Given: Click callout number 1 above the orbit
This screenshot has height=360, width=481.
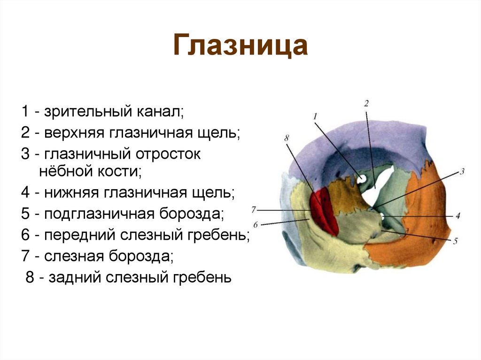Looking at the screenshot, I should [x=315, y=115].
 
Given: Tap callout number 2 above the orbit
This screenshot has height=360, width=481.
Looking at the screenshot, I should [x=366, y=103].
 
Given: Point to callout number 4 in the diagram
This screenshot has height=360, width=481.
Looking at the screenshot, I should [x=457, y=216].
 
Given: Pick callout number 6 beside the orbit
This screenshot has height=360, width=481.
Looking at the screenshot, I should [x=256, y=224].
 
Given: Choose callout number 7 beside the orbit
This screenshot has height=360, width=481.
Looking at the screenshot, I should [x=254, y=209].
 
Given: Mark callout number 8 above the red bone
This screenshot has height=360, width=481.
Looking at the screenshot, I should [x=287, y=138].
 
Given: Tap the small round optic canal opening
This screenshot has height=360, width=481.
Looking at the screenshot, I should [x=362, y=179].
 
